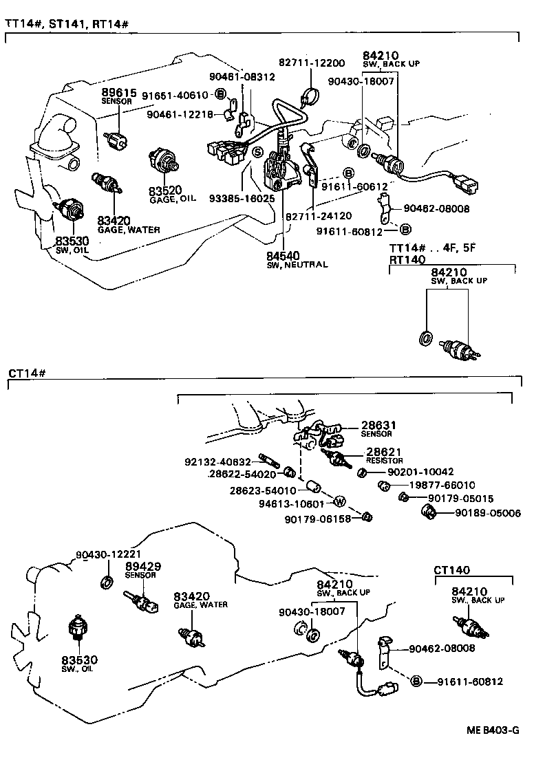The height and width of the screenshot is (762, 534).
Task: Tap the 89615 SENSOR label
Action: point(120,96)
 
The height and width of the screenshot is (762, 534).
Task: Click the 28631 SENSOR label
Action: point(376,428)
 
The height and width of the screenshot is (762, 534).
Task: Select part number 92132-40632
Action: point(218,461)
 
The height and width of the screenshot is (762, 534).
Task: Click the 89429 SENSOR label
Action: point(142,569)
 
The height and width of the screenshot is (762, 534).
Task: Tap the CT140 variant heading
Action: point(452,569)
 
